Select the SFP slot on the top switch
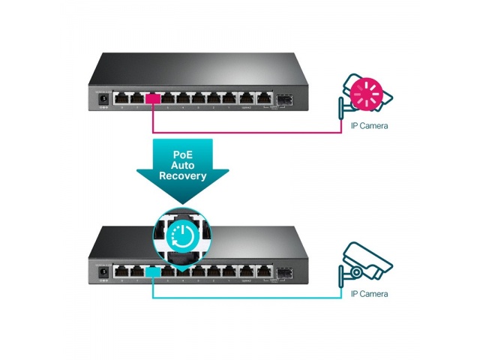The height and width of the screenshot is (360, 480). point(284,98)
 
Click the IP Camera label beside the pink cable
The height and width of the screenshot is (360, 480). point(370,125)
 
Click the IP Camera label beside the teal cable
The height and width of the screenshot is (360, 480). point(370,294)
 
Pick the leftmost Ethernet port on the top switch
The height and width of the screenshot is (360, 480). point(121,97)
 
